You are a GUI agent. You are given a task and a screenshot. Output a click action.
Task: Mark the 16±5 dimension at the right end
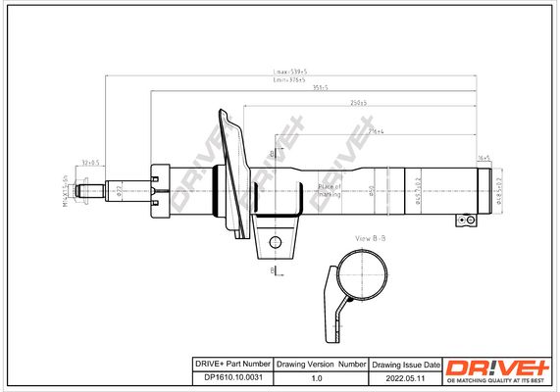484,157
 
